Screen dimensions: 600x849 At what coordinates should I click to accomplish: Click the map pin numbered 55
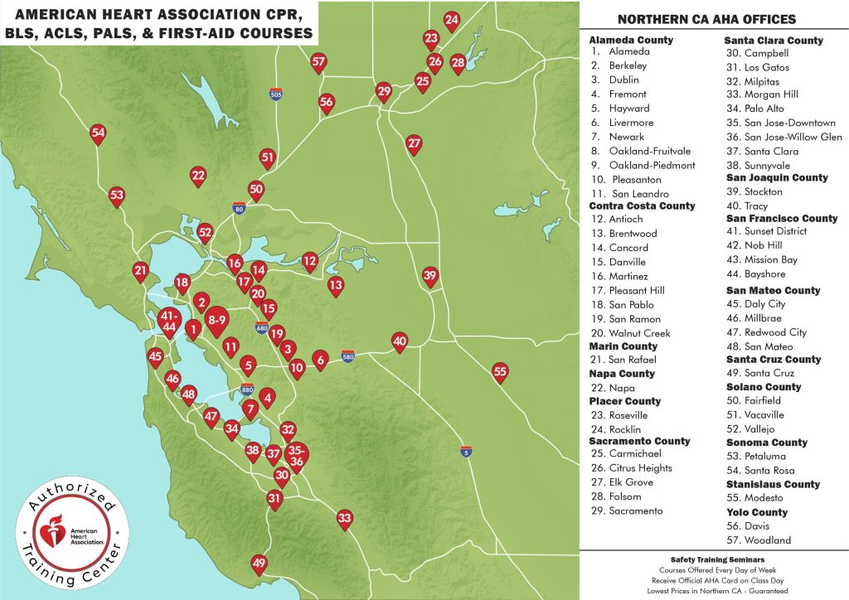click(500, 371)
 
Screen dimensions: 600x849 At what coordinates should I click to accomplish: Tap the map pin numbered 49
click(260, 564)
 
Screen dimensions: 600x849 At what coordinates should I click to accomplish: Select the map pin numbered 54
click(98, 133)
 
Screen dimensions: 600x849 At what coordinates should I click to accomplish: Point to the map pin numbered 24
click(451, 20)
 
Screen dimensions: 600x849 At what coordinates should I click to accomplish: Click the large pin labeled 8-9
click(217, 320)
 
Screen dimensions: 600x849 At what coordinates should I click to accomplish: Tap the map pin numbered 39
click(429, 276)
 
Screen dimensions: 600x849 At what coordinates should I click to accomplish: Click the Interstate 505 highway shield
click(276, 94)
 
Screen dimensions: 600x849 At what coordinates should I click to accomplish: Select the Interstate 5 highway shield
click(467, 451)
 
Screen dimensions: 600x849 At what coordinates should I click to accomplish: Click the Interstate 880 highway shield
click(247, 389)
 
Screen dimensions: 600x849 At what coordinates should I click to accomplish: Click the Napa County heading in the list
click(622, 374)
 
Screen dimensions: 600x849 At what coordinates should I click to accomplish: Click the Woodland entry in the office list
click(757, 540)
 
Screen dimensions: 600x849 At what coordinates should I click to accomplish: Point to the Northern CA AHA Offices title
click(707, 19)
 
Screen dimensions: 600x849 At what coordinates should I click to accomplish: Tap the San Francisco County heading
click(781, 219)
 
